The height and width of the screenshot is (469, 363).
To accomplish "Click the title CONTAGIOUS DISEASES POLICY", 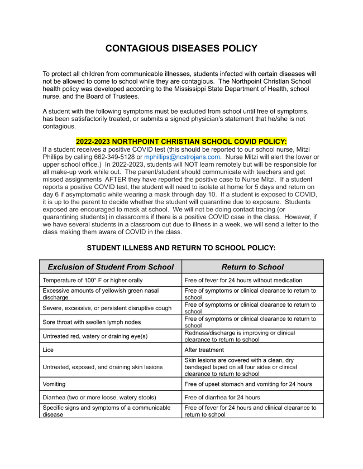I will [181, 49].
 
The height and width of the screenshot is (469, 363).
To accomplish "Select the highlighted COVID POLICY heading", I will [181, 142].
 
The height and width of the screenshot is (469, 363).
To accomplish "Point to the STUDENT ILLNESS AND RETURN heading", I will [181, 247].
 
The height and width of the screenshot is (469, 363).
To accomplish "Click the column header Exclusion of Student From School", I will [111, 267].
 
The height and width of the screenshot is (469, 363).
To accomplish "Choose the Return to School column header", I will [252, 267].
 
